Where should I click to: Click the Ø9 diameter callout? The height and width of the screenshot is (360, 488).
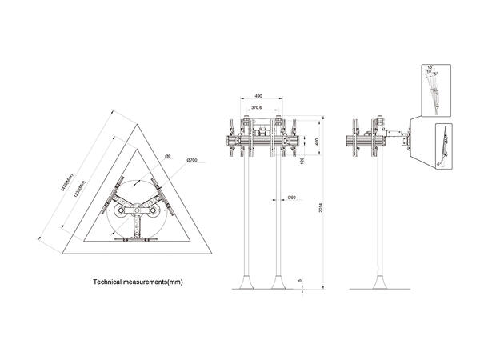[x=167, y=157]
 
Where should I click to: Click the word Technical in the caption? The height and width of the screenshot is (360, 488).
[x=112, y=282]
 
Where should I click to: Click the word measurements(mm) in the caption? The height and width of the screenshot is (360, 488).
[x=161, y=282]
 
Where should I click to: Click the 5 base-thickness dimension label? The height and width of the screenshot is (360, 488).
[x=300, y=279]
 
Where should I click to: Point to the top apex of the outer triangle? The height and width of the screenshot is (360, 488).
[x=137, y=110]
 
